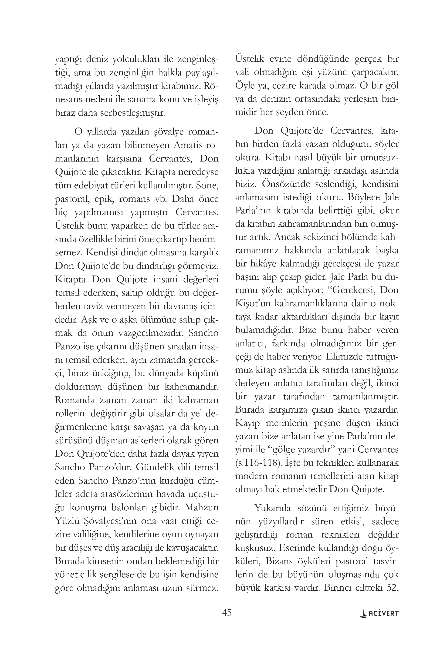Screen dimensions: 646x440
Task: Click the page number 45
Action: click(x=227, y=612)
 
